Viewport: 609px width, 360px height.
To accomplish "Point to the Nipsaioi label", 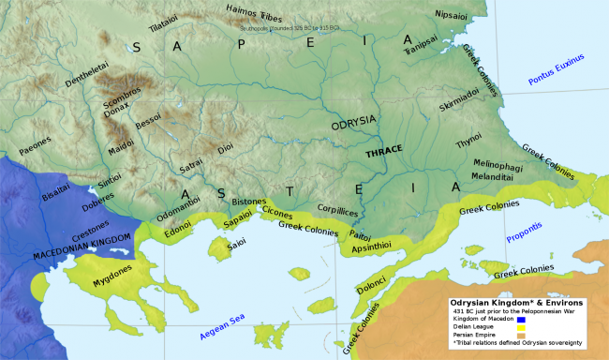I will (456, 15).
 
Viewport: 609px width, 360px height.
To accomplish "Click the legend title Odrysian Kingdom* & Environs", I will (516, 303).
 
